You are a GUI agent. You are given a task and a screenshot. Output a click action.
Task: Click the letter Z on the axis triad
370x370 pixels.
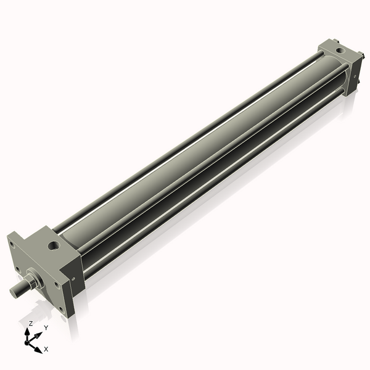click(x=30, y=323)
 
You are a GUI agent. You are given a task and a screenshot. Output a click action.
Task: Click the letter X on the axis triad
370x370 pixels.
click(x=47, y=349)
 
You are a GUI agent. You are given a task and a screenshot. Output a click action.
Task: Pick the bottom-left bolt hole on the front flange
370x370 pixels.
click(x=19, y=269)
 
